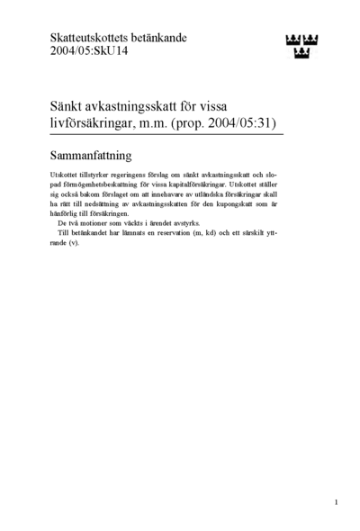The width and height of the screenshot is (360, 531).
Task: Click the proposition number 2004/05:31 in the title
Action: click(240, 120)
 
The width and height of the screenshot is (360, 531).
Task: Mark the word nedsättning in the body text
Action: click(103, 203)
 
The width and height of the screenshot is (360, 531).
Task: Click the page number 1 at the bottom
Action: click(336, 502)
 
